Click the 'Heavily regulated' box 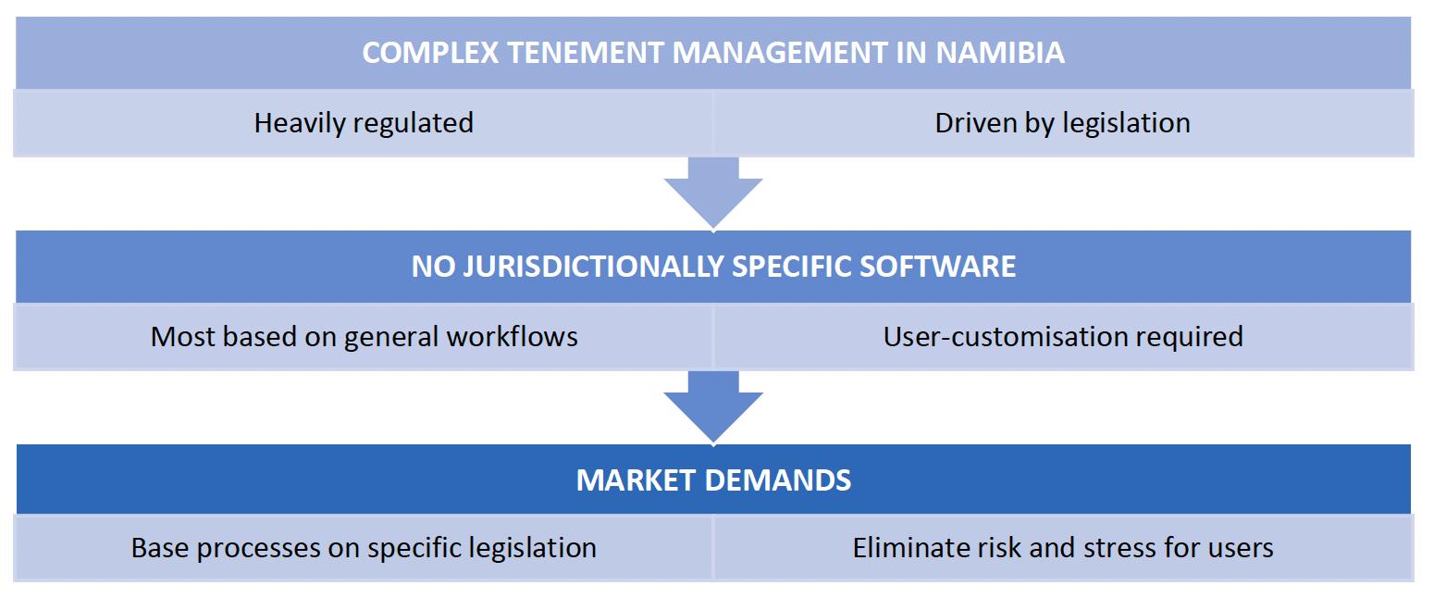click(364, 123)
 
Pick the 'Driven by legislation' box click(1062, 123)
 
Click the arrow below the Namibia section click(713, 193)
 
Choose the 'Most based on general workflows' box click(364, 336)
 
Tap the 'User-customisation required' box click(1062, 336)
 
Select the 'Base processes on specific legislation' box click(364, 548)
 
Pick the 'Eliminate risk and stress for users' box click(1062, 548)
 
